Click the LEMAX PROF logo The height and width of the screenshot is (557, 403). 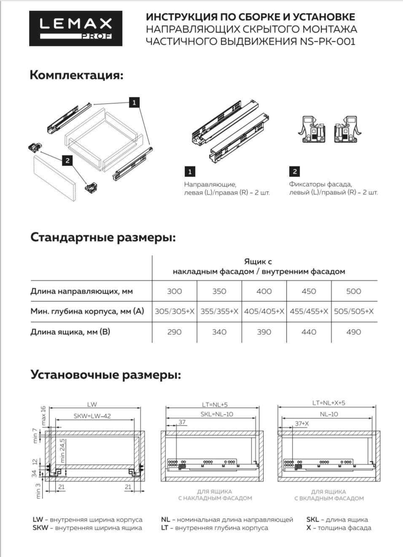[x=75, y=28]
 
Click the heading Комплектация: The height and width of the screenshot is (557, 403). [x=76, y=75]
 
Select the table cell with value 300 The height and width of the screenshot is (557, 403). [x=174, y=291]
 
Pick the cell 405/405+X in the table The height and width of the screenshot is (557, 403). [x=264, y=311]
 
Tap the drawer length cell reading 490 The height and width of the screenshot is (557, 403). [x=353, y=332]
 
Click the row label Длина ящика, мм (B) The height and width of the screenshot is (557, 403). [x=70, y=332]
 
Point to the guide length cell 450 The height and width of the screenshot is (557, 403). [x=309, y=291]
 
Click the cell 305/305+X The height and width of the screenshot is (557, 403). [x=174, y=311]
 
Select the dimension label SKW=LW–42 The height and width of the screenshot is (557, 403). [x=92, y=416]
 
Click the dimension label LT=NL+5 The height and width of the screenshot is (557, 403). [x=215, y=404]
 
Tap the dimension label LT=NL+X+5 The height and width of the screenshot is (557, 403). [x=328, y=403]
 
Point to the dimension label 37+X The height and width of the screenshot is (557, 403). [x=302, y=423]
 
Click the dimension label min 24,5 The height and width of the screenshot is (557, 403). [x=62, y=450]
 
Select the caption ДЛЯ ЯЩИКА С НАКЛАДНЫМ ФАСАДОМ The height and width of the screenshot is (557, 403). [x=215, y=495]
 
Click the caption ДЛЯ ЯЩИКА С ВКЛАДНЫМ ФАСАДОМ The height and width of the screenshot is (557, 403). [x=329, y=495]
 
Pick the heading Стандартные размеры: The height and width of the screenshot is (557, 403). [x=103, y=237]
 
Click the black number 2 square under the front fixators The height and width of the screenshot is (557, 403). [x=294, y=171]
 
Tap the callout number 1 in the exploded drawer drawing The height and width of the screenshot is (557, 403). [x=134, y=102]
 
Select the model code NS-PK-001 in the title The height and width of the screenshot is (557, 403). [x=328, y=41]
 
